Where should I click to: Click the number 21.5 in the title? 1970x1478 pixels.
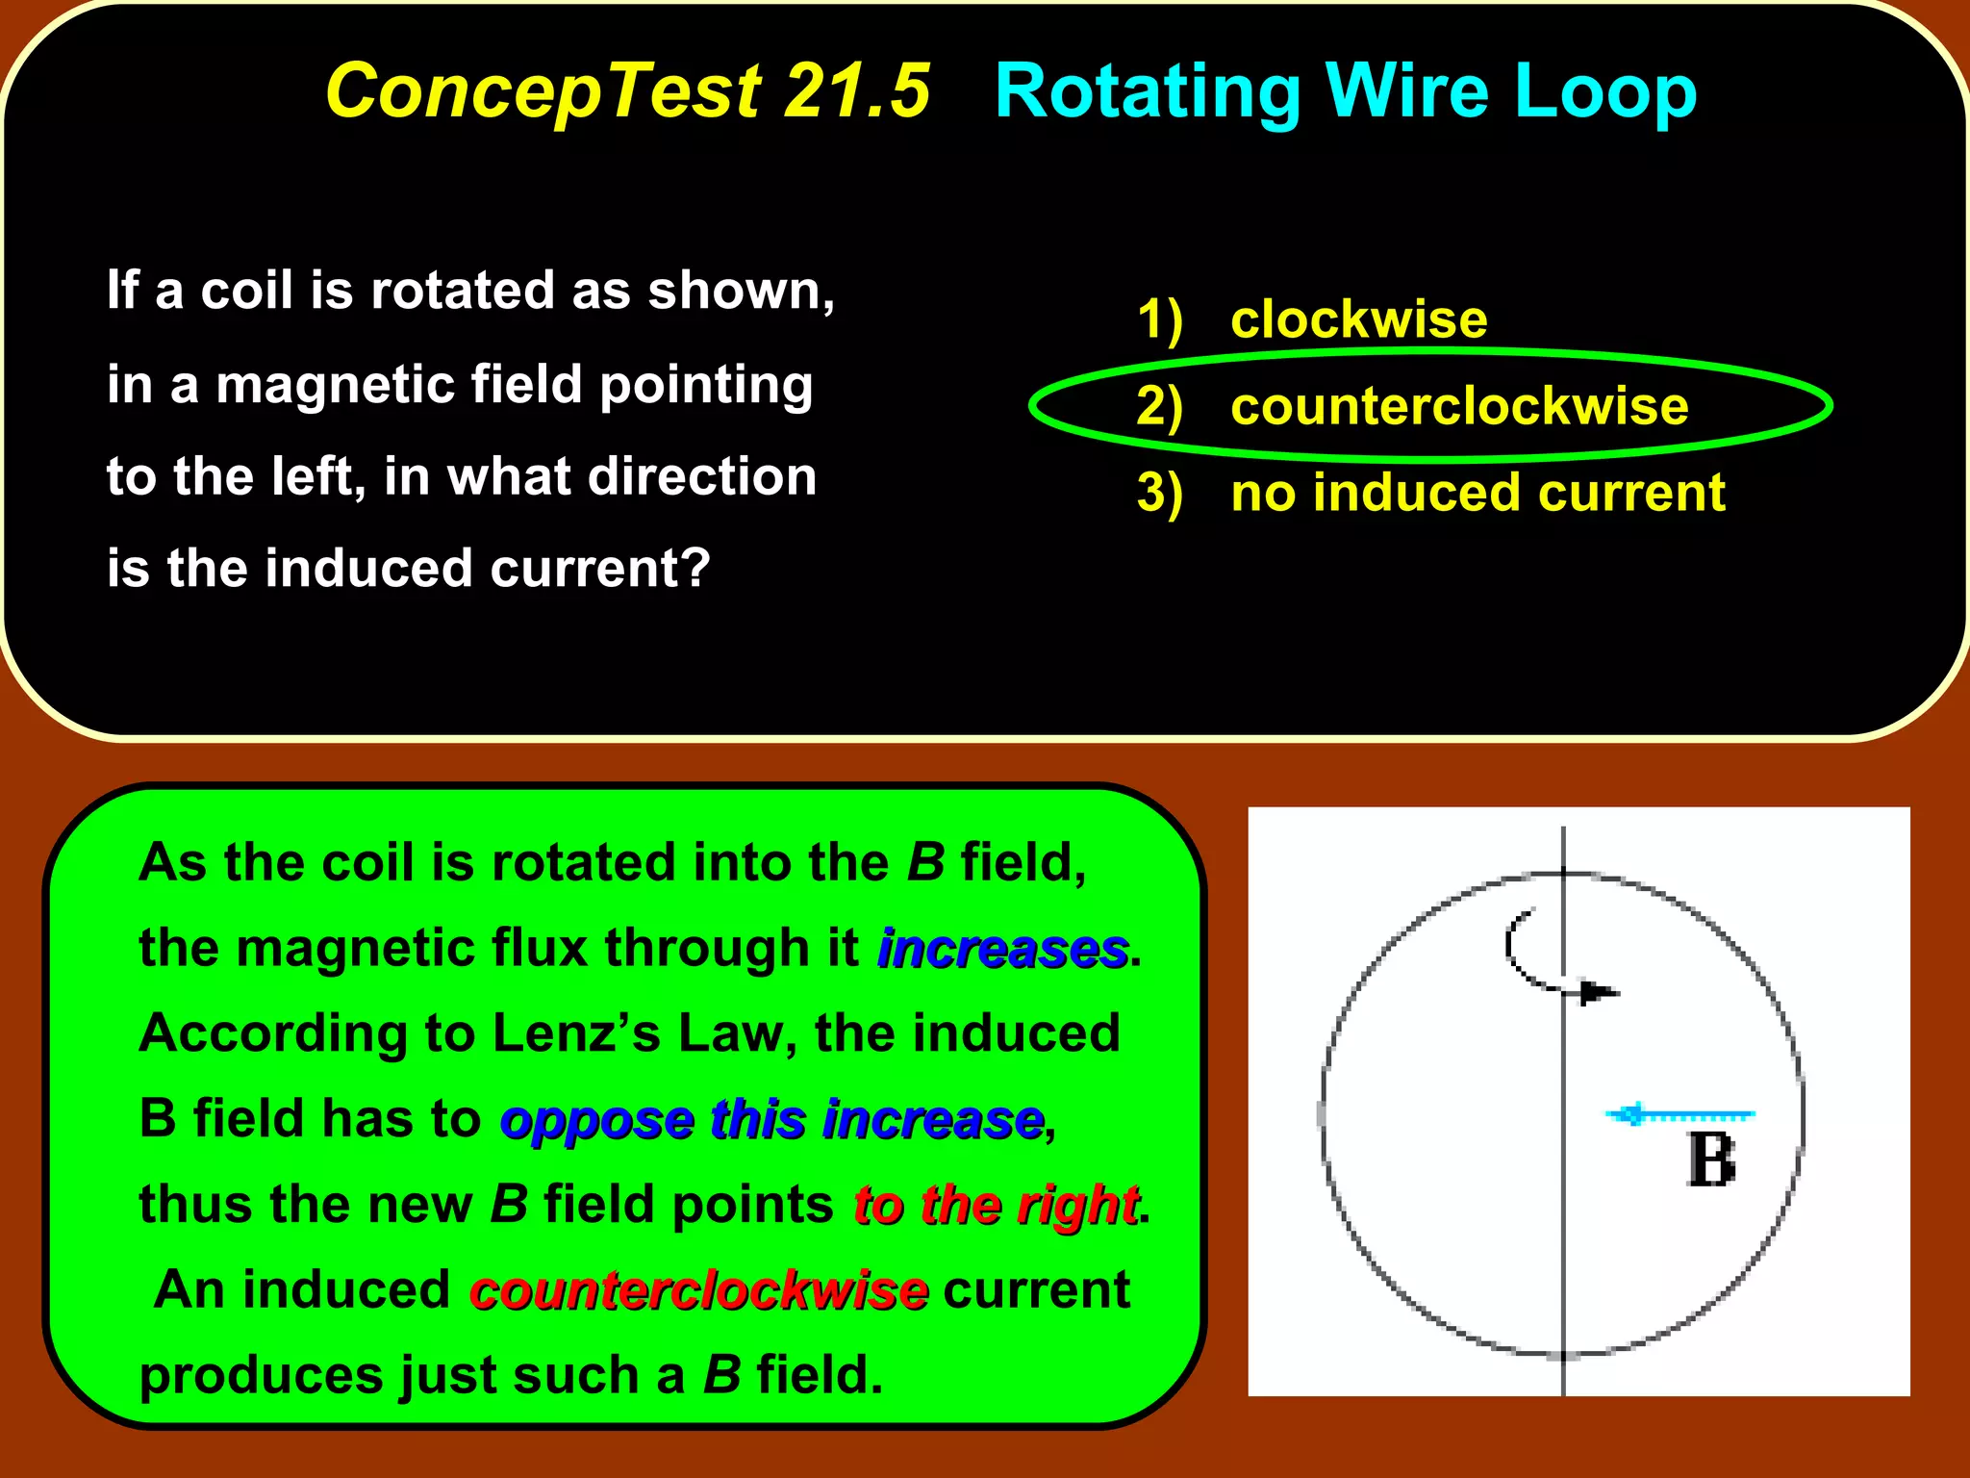pyautogui.click(x=856, y=91)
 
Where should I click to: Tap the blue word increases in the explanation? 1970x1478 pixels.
pyautogui.click(x=1002, y=949)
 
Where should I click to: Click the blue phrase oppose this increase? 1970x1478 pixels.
pyautogui.click(x=772, y=1120)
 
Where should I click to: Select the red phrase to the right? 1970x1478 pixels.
pyautogui.click(x=996, y=1206)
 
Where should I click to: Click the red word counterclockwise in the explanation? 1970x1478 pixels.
pyautogui.click(x=699, y=1290)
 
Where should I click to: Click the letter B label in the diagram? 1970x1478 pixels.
pyautogui.click(x=1710, y=1160)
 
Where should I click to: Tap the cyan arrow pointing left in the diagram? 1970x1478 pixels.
pyautogui.click(x=1679, y=1115)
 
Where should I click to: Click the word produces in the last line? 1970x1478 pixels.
pyautogui.click(x=262, y=1376)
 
